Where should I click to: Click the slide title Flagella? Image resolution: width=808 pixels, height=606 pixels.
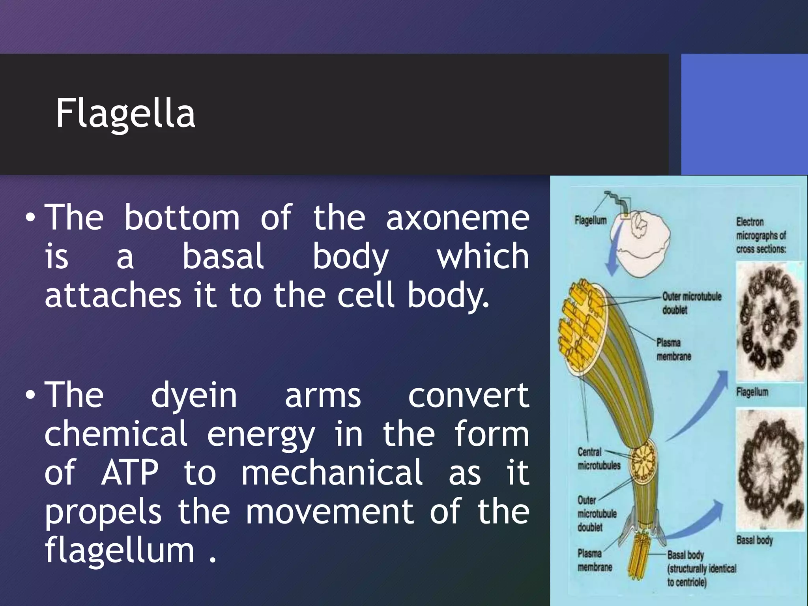click(125, 114)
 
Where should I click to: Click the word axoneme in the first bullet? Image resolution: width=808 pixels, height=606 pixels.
click(457, 219)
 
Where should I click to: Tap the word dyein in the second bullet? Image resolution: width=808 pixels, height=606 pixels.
click(194, 396)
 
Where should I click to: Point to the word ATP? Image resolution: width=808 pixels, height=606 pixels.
click(130, 473)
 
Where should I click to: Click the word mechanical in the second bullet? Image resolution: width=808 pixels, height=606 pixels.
click(332, 473)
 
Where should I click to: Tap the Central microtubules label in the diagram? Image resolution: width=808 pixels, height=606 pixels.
click(598, 459)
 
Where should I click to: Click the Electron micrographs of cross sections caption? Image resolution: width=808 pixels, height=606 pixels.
click(761, 236)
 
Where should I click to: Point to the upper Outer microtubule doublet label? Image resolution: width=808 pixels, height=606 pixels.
click(691, 303)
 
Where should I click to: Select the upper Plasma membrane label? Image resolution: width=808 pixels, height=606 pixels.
click(673, 350)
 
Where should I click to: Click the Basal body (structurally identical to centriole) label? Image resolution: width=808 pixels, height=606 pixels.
click(701, 569)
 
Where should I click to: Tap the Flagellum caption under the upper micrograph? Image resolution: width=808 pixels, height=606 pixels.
click(752, 392)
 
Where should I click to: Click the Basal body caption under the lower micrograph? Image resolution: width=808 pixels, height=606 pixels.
click(754, 540)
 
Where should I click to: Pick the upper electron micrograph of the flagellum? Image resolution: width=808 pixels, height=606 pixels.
click(769, 322)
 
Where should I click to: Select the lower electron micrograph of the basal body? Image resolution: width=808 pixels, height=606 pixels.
click(769, 469)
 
